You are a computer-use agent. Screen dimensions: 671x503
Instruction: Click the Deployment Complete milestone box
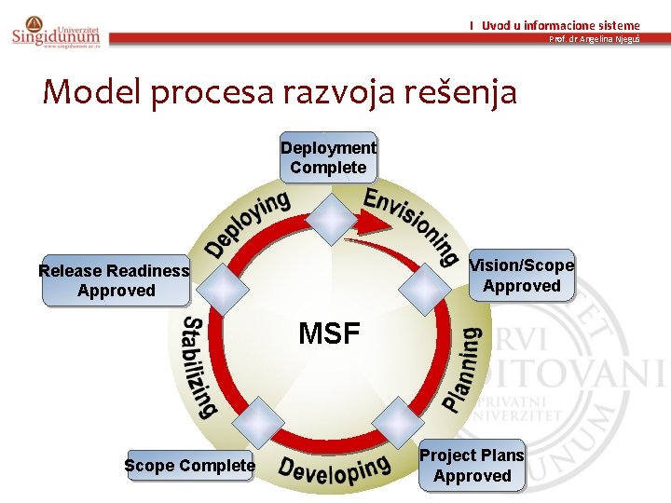[328, 157]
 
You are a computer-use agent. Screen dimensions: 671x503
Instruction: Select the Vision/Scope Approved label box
[521, 276]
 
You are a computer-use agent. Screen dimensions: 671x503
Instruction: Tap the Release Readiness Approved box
[116, 280]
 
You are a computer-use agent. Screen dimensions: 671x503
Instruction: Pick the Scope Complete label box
[189, 465]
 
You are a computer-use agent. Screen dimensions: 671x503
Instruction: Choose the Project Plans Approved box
[472, 466]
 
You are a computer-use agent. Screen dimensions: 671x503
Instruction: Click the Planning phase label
[463, 369]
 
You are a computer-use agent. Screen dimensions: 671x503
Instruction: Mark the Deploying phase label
[248, 224]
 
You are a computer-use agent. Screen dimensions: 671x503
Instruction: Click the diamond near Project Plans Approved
[399, 422]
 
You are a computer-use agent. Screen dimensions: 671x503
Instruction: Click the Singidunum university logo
[55, 32]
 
